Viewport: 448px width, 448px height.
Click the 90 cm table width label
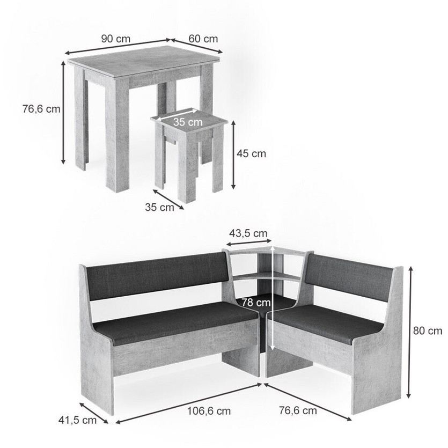pos(116,39)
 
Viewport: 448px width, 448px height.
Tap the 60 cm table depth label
pos(203,39)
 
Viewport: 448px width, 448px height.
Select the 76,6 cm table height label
pos(41,109)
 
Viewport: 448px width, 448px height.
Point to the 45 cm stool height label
pos(251,153)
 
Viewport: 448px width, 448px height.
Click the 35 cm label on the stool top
pos(188,122)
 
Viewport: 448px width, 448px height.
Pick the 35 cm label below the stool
pos(159,207)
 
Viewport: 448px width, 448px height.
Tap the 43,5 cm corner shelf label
pos(248,233)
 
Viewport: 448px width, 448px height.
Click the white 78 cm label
pos(256,302)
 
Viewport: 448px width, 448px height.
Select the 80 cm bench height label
pos(428,331)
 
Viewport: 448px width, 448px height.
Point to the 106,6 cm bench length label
pos(209,411)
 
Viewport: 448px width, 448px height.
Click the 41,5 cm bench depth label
pos(77,420)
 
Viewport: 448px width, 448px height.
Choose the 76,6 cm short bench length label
pos(298,410)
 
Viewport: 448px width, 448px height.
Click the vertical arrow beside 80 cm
pos(409,332)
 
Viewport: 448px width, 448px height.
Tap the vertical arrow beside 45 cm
pos(233,155)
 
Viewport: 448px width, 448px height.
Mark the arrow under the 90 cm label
pos(118,47)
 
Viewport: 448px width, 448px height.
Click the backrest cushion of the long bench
pos(157,276)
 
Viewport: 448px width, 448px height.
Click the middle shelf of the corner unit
pos(266,276)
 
